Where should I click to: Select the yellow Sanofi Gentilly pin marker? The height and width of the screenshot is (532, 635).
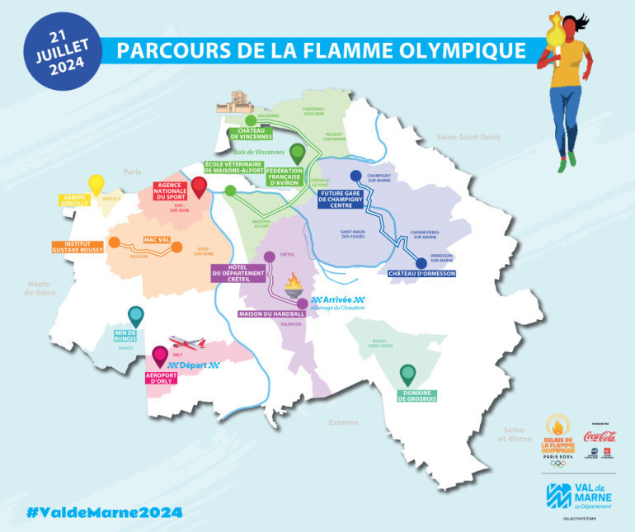(x=96, y=184)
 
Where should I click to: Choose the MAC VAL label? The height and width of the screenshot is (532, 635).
(x=157, y=240)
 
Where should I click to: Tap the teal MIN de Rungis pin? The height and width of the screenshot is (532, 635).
(x=136, y=317)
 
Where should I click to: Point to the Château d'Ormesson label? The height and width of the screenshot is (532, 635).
(x=421, y=273)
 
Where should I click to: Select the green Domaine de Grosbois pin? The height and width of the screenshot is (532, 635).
(x=407, y=376)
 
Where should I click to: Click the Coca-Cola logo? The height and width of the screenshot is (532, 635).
(x=600, y=436)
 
